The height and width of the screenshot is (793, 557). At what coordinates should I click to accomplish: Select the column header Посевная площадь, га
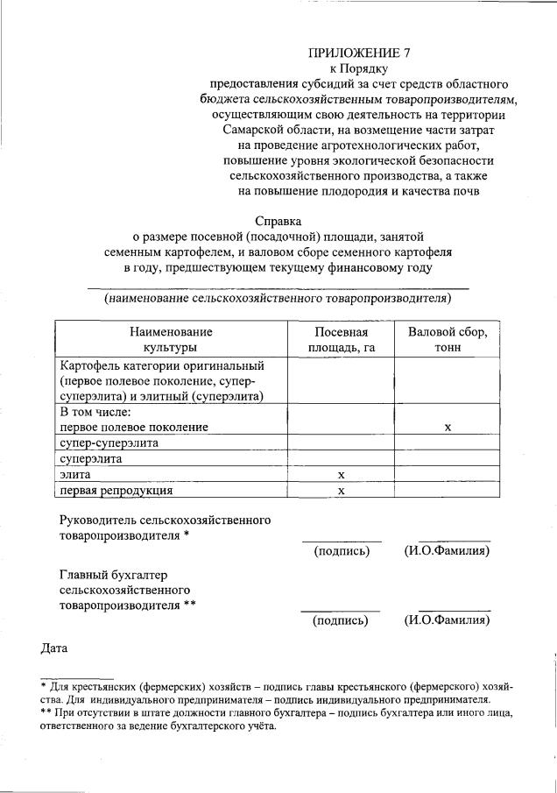click(x=341, y=340)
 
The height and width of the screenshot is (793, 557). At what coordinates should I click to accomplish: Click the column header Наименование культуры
click(x=171, y=340)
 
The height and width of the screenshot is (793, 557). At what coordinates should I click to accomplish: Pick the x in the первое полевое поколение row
click(x=448, y=427)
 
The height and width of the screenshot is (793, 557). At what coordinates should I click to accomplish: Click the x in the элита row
click(x=341, y=474)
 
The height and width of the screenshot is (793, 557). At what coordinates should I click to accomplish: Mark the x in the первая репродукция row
click(x=341, y=490)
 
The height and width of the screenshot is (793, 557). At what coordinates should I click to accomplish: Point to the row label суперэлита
click(x=91, y=458)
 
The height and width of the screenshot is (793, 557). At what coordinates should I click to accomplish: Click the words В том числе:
click(x=95, y=411)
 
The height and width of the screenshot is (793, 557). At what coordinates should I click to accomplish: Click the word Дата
click(x=55, y=648)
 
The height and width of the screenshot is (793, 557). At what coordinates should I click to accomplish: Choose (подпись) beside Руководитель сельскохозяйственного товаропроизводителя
click(x=342, y=551)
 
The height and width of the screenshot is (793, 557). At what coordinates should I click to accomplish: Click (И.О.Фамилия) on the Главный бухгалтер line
click(x=447, y=620)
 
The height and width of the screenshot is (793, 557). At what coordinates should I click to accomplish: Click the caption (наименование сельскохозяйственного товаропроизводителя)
click(x=278, y=299)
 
